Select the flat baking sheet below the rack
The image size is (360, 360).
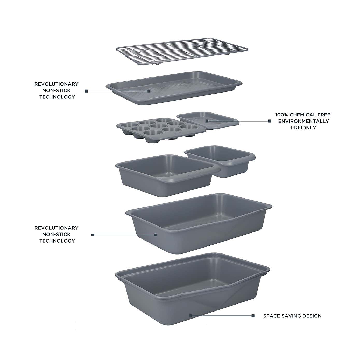coord(174,88)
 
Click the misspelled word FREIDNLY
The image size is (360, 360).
coord(303,128)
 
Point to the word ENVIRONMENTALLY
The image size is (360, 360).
coord(303,121)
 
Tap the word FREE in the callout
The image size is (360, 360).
coord(324,115)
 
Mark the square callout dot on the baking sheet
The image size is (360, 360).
coord(149,91)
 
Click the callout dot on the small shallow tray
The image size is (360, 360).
coord(207,121)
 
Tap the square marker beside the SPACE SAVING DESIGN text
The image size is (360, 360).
coord(253,316)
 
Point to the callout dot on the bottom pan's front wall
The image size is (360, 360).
coord(190,316)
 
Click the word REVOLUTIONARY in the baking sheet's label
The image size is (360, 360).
coord(57,84)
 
